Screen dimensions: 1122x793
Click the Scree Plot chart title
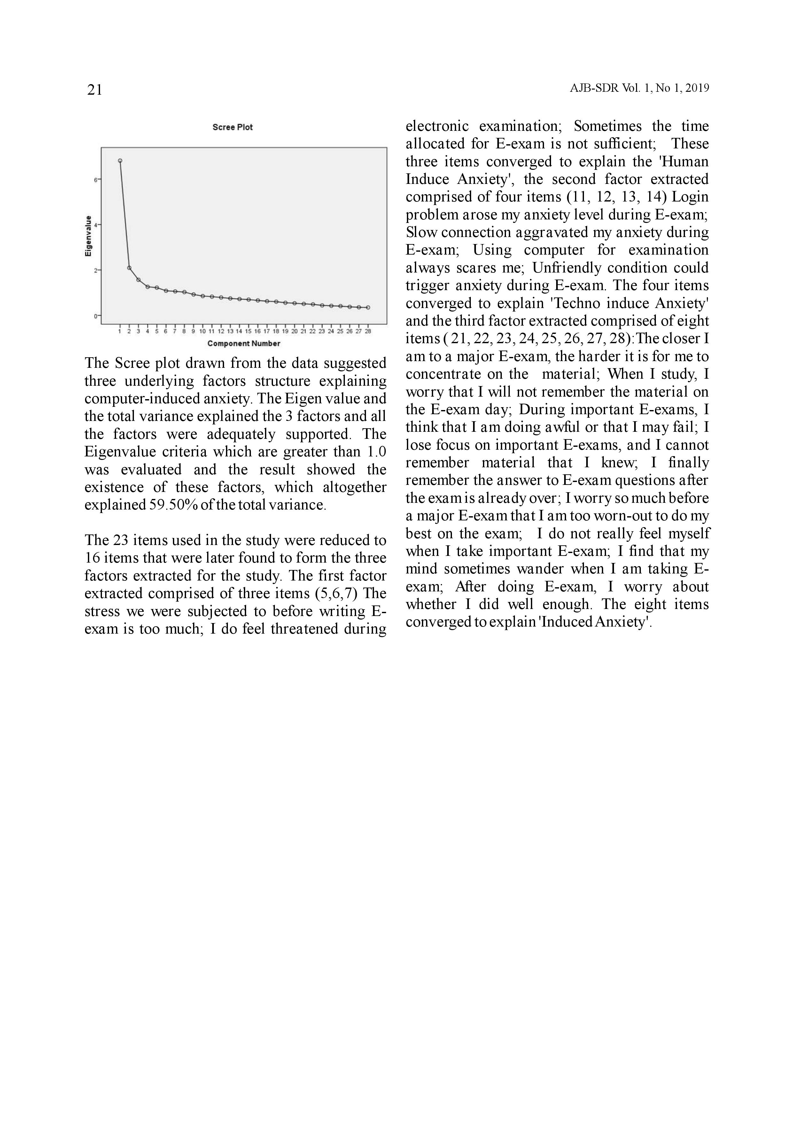pyautogui.click(x=232, y=127)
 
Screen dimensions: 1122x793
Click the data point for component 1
pyautogui.click(x=120, y=161)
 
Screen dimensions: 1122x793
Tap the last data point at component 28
pyautogui.click(x=368, y=307)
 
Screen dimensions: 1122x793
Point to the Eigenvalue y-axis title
pyautogui.click(x=89, y=236)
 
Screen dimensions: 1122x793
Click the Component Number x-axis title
pyautogui.click(x=244, y=344)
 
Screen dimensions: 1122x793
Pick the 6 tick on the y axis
pyautogui.click(x=96, y=180)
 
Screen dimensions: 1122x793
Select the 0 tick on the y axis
pyautogui.click(x=96, y=316)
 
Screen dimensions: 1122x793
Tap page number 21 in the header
pyautogui.click(x=94, y=90)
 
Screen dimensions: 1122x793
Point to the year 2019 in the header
pyautogui.click(x=697, y=89)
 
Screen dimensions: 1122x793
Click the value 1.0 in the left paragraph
pyautogui.click(x=377, y=452)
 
